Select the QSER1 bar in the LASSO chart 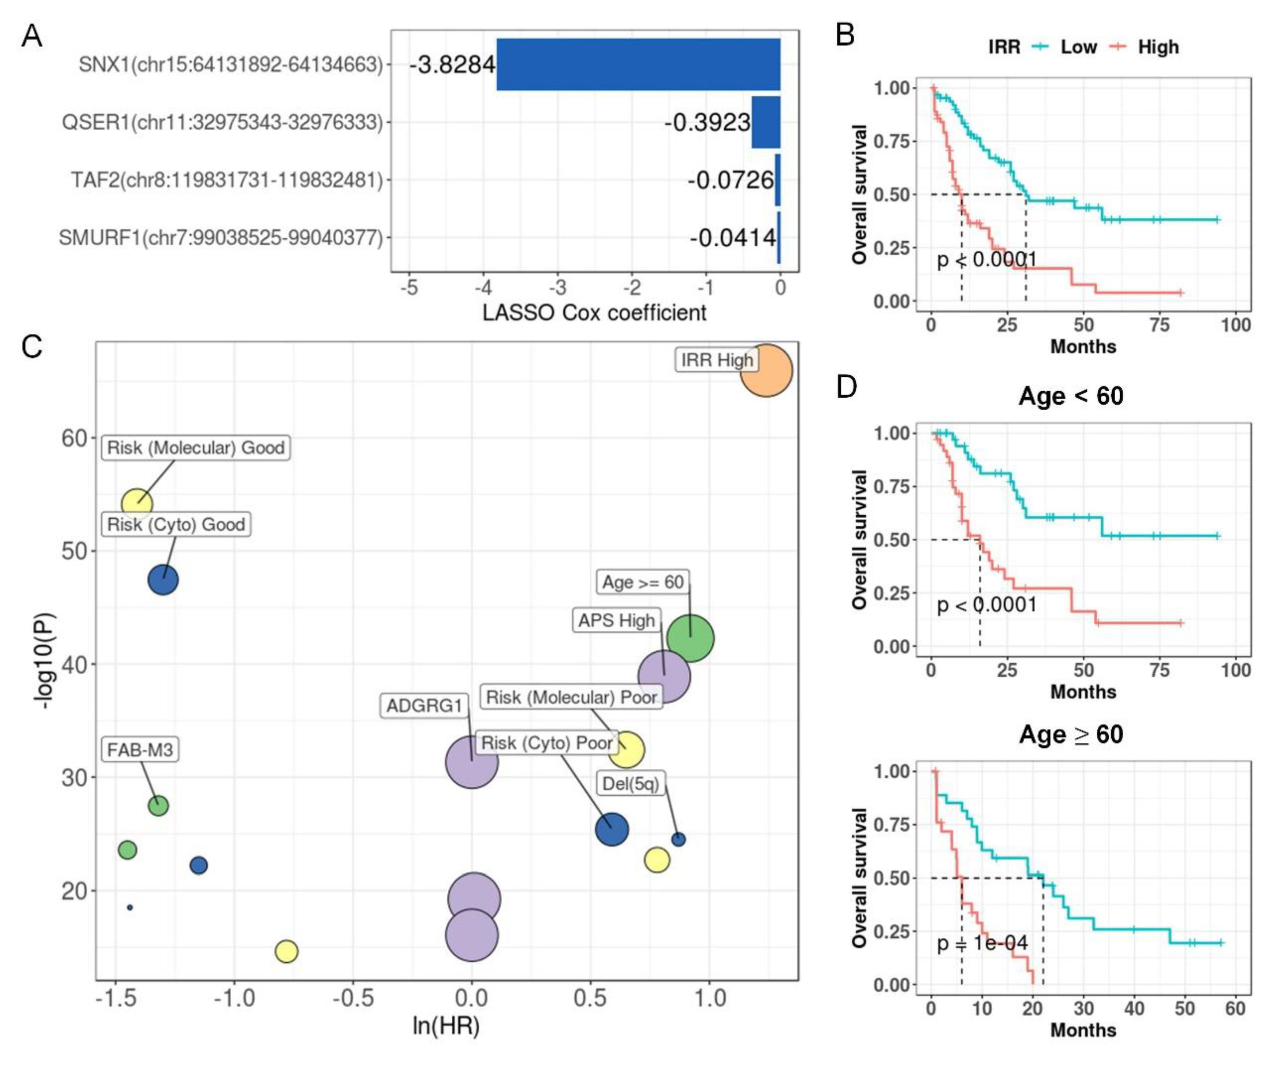click(x=766, y=122)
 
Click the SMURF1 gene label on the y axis click(x=221, y=238)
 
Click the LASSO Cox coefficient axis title click(x=594, y=313)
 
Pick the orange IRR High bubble click(x=766, y=370)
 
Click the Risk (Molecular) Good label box click(x=195, y=448)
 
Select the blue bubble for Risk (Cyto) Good click(x=163, y=580)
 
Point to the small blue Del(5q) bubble click(x=678, y=839)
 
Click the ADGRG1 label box click(x=424, y=705)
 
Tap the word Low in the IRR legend click(x=1078, y=47)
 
